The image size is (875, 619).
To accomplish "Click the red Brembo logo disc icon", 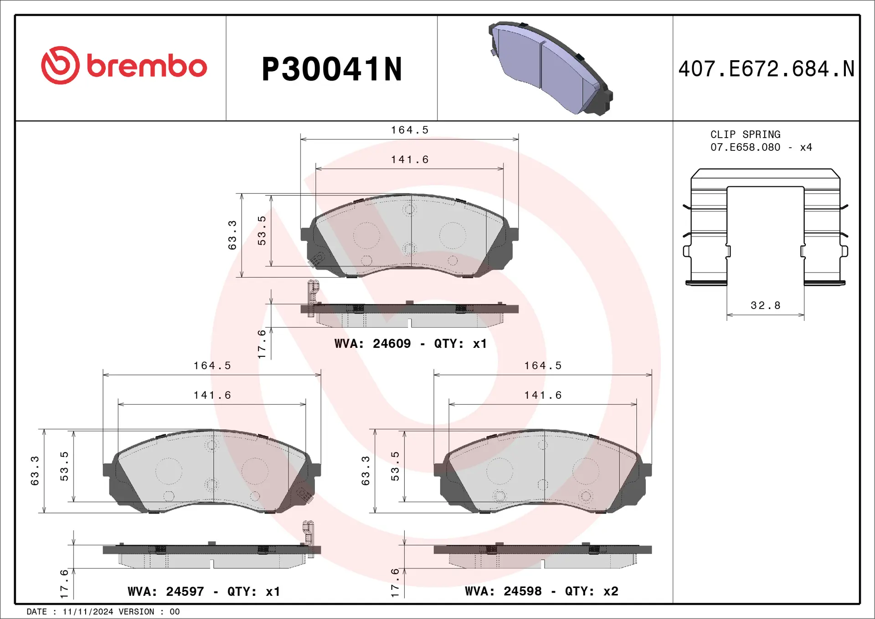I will coord(60,65).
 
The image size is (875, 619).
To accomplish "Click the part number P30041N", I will coord(332,69).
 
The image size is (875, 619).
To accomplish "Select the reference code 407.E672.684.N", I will coord(766,69).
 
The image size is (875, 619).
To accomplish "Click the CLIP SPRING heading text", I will coord(745,134).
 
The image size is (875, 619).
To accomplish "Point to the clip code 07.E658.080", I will coord(745,147).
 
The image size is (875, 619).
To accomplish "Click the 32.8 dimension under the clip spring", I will coord(766,305).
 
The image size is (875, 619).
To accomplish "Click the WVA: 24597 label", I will coord(166,592).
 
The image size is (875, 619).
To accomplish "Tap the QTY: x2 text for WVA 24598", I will coord(592,591).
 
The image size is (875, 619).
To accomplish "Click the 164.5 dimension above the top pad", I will coord(410,130).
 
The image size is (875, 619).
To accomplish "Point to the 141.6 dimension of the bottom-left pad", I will coord(212,395).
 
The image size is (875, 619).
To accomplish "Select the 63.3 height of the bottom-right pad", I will coord(365,470).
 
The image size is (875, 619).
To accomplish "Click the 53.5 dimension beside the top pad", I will coord(262,231).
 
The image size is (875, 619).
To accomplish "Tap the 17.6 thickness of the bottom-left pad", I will coord(64,583).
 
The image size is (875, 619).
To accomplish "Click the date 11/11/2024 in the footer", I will coord(87,612).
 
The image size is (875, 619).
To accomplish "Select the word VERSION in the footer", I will coord(136,612).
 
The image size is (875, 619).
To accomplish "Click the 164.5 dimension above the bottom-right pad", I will coord(543,366).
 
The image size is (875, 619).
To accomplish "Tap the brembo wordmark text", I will coord(147,67).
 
